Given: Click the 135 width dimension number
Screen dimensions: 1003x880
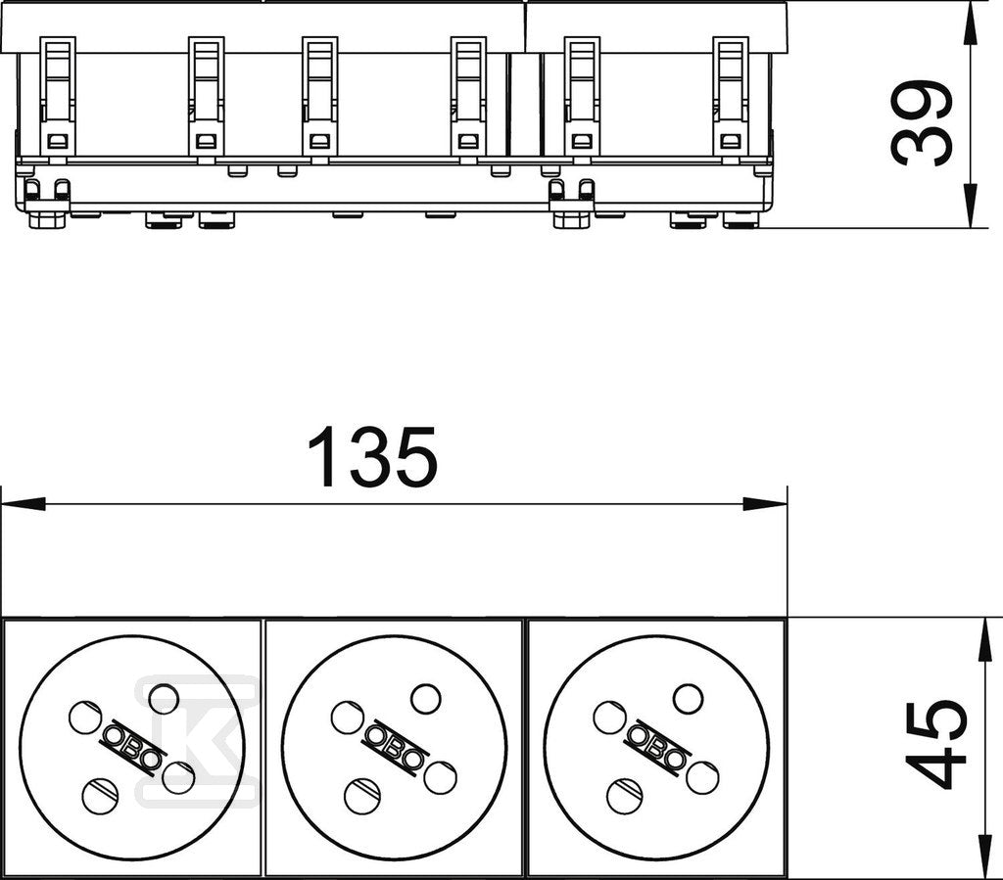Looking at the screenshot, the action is click(x=372, y=456).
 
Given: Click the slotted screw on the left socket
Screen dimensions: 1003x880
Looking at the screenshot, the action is click(x=101, y=796).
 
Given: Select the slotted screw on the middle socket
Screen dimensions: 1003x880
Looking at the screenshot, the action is click(x=362, y=796).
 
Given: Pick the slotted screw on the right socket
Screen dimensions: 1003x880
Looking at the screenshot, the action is click(x=625, y=796).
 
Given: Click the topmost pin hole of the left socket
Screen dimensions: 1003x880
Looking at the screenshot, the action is click(x=164, y=699).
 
